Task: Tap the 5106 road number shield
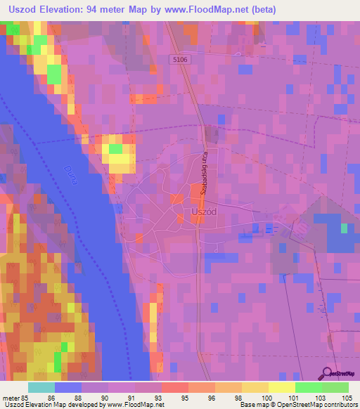pyautogui.click(x=181, y=60)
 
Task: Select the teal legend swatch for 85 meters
pyautogui.click(x=41, y=387)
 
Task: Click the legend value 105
pyautogui.click(x=345, y=398)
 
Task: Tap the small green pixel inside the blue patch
pyautogui.click(x=344, y=228)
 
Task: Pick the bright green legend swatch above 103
pyautogui.click(x=308, y=387)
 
